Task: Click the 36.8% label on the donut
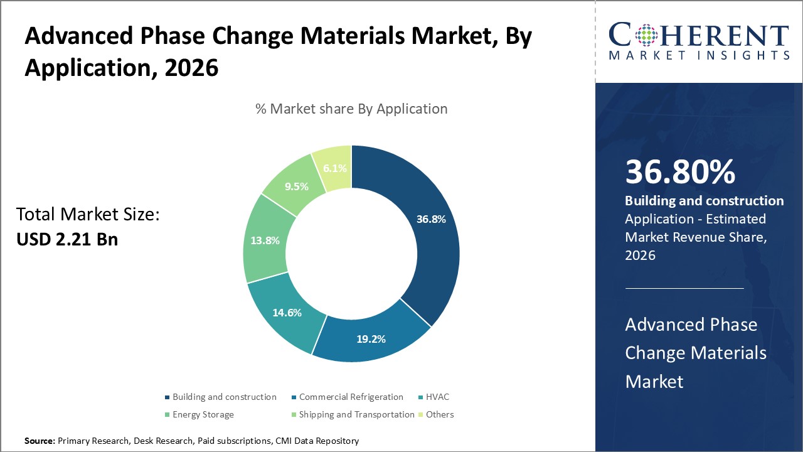[x=431, y=219]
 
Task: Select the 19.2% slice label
[x=370, y=339]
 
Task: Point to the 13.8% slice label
[x=265, y=240]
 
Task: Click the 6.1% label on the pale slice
[x=334, y=169]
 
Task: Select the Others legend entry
[x=439, y=414]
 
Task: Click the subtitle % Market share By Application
[x=351, y=109]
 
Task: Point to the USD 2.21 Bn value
[x=67, y=239]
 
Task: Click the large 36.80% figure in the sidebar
[x=680, y=173]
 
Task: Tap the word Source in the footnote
[x=40, y=441]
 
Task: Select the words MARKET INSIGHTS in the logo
[x=699, y=56]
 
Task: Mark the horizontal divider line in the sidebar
[x=684, y=288]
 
